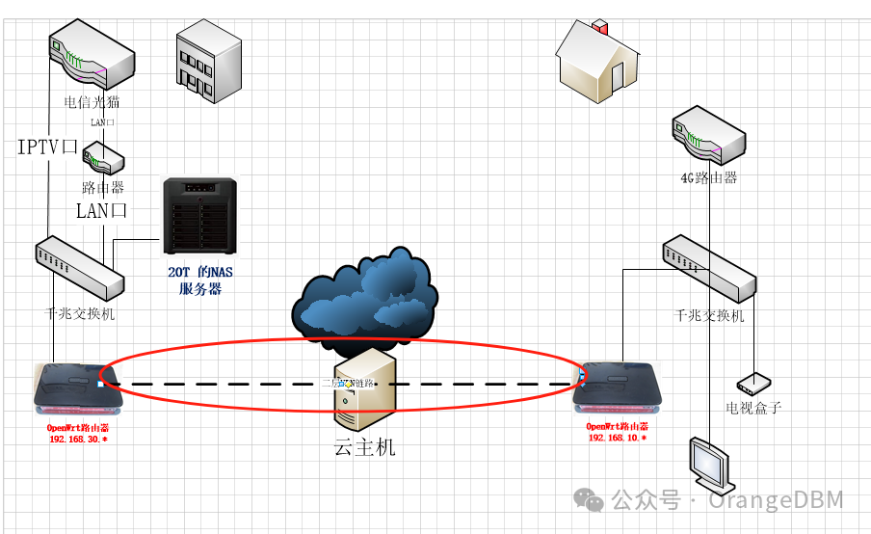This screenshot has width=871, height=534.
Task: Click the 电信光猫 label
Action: tap(92, 102)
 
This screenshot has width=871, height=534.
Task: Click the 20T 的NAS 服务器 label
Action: tap(200, 280)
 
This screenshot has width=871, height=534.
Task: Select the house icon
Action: tap(596, 63)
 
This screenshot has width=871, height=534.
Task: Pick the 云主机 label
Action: tap(364, 448)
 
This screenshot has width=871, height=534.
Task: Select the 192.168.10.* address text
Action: tap(618, 438)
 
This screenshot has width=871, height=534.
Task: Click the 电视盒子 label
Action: tap(753, 408)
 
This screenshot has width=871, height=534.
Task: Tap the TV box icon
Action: tap(752, 385)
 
